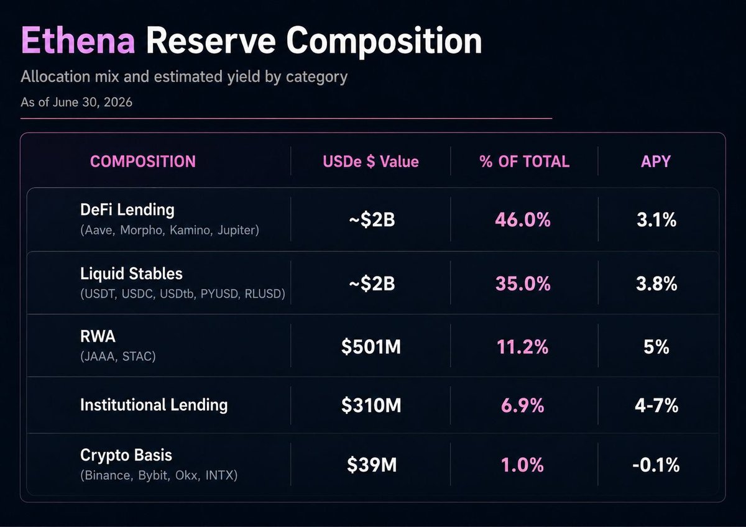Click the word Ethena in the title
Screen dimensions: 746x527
(78, 40)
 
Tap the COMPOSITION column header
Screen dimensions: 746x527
(143, 162)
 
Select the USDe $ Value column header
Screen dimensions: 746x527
(371, 162)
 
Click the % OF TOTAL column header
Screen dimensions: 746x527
(525, 162)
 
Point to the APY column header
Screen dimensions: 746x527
(656, 162)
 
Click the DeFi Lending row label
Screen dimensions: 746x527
(127, 209)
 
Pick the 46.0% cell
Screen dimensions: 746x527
(523, 220)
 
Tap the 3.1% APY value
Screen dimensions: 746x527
(656, 220)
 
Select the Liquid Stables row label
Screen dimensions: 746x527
(131, 273)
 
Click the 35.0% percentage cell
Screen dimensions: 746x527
(523, 283)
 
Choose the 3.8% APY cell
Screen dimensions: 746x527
(656, 283)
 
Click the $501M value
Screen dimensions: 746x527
(371, 347)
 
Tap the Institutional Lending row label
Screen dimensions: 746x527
(154, 405)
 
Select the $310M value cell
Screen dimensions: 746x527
(371, 405)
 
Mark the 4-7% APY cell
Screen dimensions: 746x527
(656, 405)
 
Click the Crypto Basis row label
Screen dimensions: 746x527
(126, 456)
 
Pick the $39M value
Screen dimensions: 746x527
(372, 465)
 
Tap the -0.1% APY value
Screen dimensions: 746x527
(656, 465)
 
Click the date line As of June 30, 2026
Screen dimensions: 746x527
(76, 102)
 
